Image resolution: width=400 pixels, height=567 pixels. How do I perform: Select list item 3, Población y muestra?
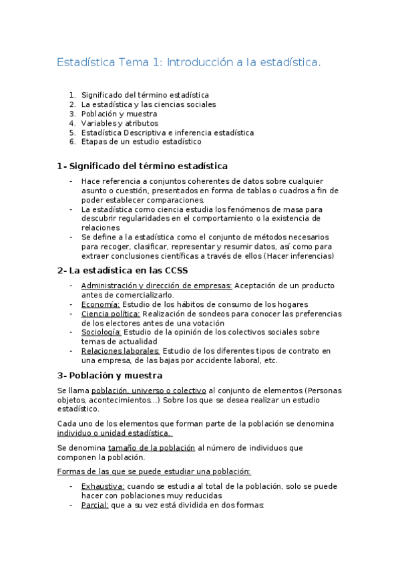pos(119,114)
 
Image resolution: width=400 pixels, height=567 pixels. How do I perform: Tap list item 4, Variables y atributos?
pos(120,123)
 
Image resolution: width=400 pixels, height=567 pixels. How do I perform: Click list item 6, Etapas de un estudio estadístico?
pos(141,142)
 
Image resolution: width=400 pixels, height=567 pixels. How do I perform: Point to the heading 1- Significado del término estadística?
pos(142,166)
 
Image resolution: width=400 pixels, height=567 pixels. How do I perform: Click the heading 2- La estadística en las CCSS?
pos(123,270)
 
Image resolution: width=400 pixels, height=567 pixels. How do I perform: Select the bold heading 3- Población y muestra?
pos(110,375)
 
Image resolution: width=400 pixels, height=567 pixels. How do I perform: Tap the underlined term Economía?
pos(101,304)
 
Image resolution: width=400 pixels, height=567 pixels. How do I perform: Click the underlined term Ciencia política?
pos(110,314)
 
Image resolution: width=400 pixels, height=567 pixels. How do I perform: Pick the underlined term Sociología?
pos(101,332)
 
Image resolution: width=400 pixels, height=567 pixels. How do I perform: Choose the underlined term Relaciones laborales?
pos(120,350)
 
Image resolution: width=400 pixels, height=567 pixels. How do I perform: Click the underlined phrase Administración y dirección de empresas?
pos(156,286)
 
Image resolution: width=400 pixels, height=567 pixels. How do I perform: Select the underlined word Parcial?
pos(95,505)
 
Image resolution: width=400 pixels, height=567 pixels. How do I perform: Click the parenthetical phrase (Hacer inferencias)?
pos(298,256)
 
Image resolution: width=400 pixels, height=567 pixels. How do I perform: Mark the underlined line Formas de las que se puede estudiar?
pos(154,471)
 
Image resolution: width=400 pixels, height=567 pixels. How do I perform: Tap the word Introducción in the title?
pos(197,62)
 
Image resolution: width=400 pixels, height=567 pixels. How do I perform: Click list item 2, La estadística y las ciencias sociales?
pos(148,104)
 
